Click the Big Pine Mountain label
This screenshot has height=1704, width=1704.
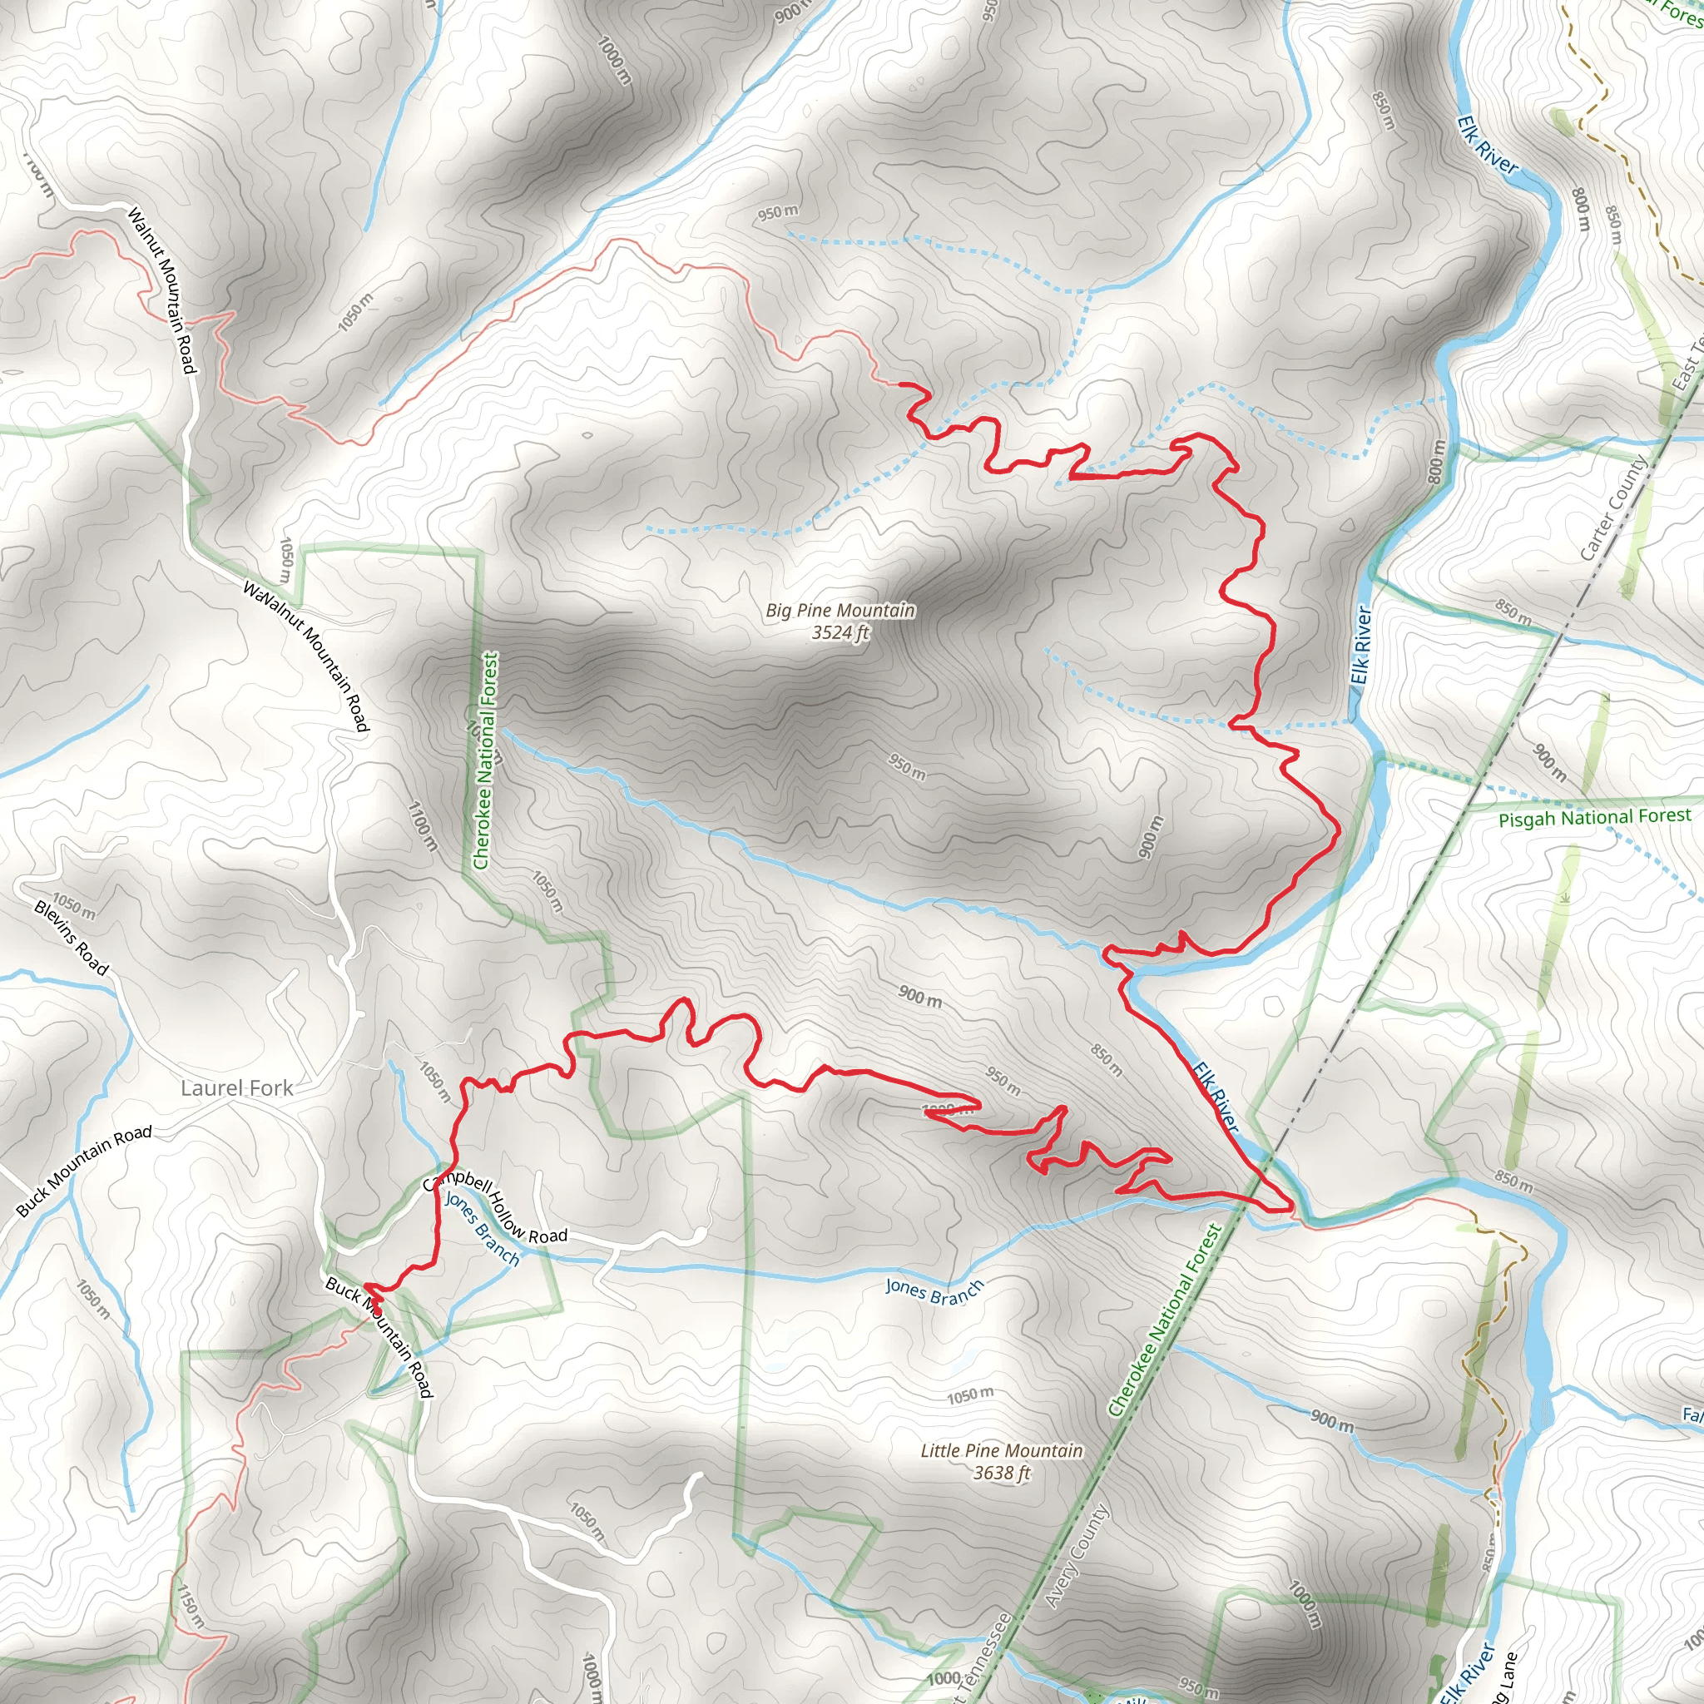pos(840,611)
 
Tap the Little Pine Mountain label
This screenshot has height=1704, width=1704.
pos(1001,1451)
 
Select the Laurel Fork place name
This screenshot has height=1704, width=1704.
pos(236,1087)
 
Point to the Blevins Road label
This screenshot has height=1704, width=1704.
pos(71,938)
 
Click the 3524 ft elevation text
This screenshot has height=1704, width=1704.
pos(840,632)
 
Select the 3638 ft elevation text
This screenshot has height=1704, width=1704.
pos(1001,1473)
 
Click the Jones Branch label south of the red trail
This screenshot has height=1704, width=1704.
pos(934,1292)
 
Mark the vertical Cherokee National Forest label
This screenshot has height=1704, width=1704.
pos(486,760)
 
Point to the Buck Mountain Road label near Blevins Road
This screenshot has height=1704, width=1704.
pos(84,1172)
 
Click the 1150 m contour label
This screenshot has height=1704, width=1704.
pos(191,1606)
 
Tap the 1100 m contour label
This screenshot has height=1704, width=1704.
pos(423,825)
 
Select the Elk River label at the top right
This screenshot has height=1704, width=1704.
pos(1487,146)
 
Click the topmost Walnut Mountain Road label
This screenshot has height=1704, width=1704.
pos(161,290)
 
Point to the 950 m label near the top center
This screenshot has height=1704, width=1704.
pos(778,212)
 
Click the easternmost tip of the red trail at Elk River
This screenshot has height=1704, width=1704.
pos(1291,1207)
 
